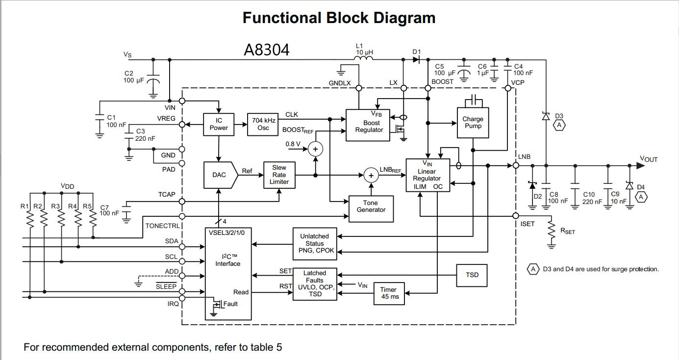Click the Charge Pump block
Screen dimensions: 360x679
pyautogui.click(x=473, y=122)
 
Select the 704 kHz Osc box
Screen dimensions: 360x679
pyautogui.click(x=264, y=124)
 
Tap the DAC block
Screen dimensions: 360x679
pyautogui.click(x=219, y=175)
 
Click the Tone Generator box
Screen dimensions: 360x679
pyautogui.click(x=371, y=206)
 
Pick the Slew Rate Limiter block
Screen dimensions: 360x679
pyautogui.click(x=279, y=175)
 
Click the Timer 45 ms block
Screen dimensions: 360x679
pyautogui.click(x=389, y=293)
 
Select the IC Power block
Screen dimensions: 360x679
pyautogui.click(x=219, y=124)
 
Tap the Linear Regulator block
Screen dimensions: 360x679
pyautogui.click(x=427, y=175)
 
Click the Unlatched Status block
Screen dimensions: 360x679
pyautogui.click(x=314, y=243)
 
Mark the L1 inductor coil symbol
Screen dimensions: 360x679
pyautogui.click(x=364, y=59)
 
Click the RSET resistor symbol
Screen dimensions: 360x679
pyautogui.click(x=552, y=234)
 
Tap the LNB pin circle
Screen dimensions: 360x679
pyautogui.click(x=516, y=166)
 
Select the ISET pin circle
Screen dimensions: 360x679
pyautogui.click(x=516, y=216)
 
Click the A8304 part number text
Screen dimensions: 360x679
pyautogui.click(x=267, y=50)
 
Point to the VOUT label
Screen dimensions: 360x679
pyautogui.click(x=648, y=159)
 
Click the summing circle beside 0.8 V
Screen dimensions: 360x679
pyautogui.click(x=315, y=149)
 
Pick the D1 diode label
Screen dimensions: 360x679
pyautogui.click(x=417, y=51)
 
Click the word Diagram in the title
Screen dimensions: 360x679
pyautogui.click(x=404, y=18)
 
